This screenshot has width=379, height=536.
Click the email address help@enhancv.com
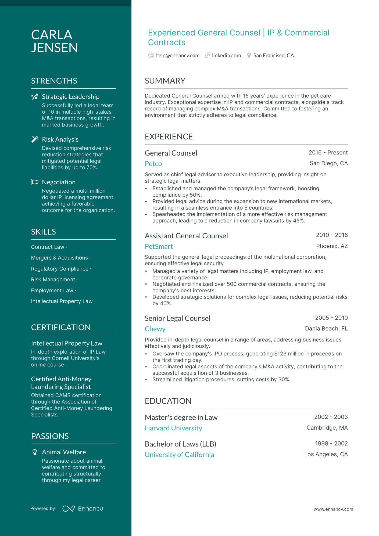pos(177,56)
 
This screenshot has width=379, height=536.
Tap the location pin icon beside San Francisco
pos(249,56)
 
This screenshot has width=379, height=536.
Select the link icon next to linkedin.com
pos(207,56)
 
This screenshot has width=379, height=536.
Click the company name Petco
pos(153,164)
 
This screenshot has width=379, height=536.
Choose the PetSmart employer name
pos(159,247)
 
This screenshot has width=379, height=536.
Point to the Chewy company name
pos(155,329)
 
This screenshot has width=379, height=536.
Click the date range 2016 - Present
pos(328,153)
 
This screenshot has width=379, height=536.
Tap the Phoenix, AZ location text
pos(332,246)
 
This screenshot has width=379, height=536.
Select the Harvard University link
pos(173,428)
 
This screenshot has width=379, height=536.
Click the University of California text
pos(179,455)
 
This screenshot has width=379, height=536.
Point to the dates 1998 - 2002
pos(331,444)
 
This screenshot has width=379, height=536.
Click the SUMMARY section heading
pos(165,81)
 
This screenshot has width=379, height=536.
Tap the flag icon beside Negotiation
pos(35,182)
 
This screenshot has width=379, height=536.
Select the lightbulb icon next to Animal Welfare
pos(35,452)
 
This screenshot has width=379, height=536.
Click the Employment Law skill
pos(52,291)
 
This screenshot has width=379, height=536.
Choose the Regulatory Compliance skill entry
pos(60,269)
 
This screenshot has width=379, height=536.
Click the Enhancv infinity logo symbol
pos(69,509)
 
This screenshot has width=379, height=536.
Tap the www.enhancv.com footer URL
pos(333,509)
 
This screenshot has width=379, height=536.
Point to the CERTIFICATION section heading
pos(61,328)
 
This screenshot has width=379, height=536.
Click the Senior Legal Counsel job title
pos(177,318)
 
